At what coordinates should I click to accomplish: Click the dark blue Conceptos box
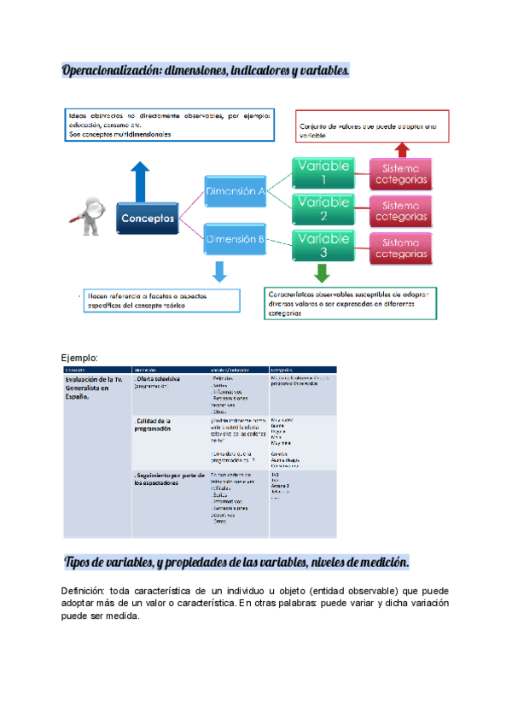click(x=148, y=219)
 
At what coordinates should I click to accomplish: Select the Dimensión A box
click(x=234, y=192)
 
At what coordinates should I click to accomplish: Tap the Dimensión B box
click(x=234, y=240)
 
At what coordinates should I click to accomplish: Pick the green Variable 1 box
click(x=322, y=173)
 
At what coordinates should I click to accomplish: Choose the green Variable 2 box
click(x=322, y=210)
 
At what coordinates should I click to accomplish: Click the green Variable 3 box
click(x=322, y=246)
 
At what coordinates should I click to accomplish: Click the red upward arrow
click(x=402, y=149)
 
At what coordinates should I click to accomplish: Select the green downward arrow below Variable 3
click(x=321, y=273)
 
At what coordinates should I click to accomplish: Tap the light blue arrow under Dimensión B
click(x=219, y=271)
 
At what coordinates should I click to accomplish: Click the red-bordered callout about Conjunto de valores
click(x=372, y=126)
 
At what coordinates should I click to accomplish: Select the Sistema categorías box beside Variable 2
click(x=400, y=211)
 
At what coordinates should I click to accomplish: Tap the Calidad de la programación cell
click(x=154, y=425)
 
